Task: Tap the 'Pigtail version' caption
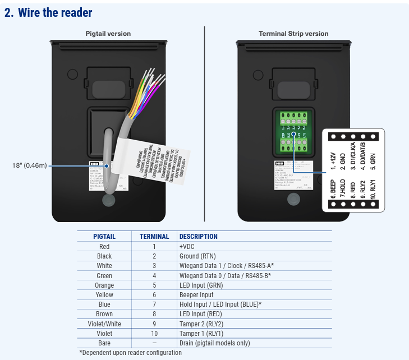(108, 34)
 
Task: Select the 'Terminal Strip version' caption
(293, 34)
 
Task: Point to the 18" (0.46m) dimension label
(29, 165)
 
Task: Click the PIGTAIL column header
(104, 236)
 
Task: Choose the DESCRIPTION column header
(198, 236)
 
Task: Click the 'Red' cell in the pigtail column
(104, 246)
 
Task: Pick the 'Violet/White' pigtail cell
(104, 324)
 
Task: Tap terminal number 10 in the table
(154, 333)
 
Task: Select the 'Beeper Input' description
(196, 294)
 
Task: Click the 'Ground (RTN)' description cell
(197, 256)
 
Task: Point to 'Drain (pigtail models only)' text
(214, 343)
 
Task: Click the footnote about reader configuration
(130, 353)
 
